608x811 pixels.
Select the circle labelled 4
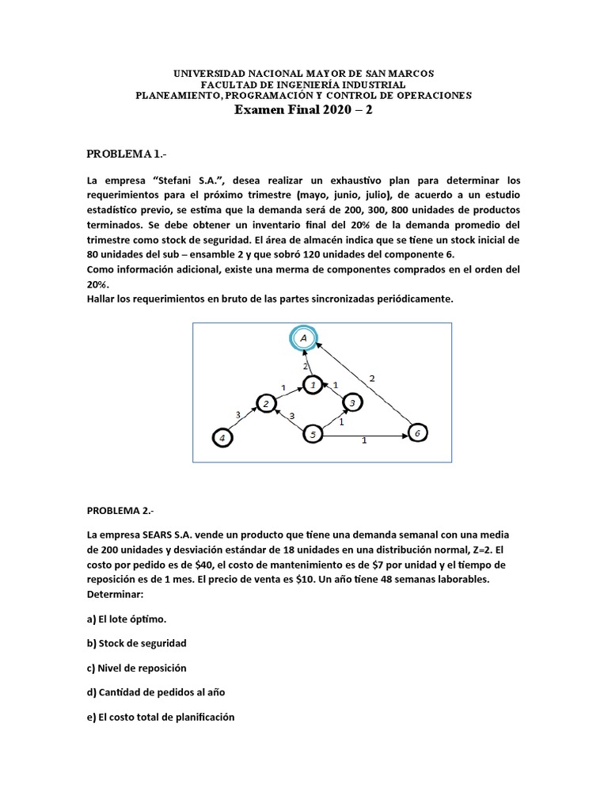coord(223,437)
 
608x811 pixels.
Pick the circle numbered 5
coord(313,434)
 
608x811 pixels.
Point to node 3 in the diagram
coord(351,403)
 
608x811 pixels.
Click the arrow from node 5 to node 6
coord(364,434)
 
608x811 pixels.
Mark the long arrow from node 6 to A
coord(364,383)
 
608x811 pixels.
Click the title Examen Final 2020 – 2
coord(303,111)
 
